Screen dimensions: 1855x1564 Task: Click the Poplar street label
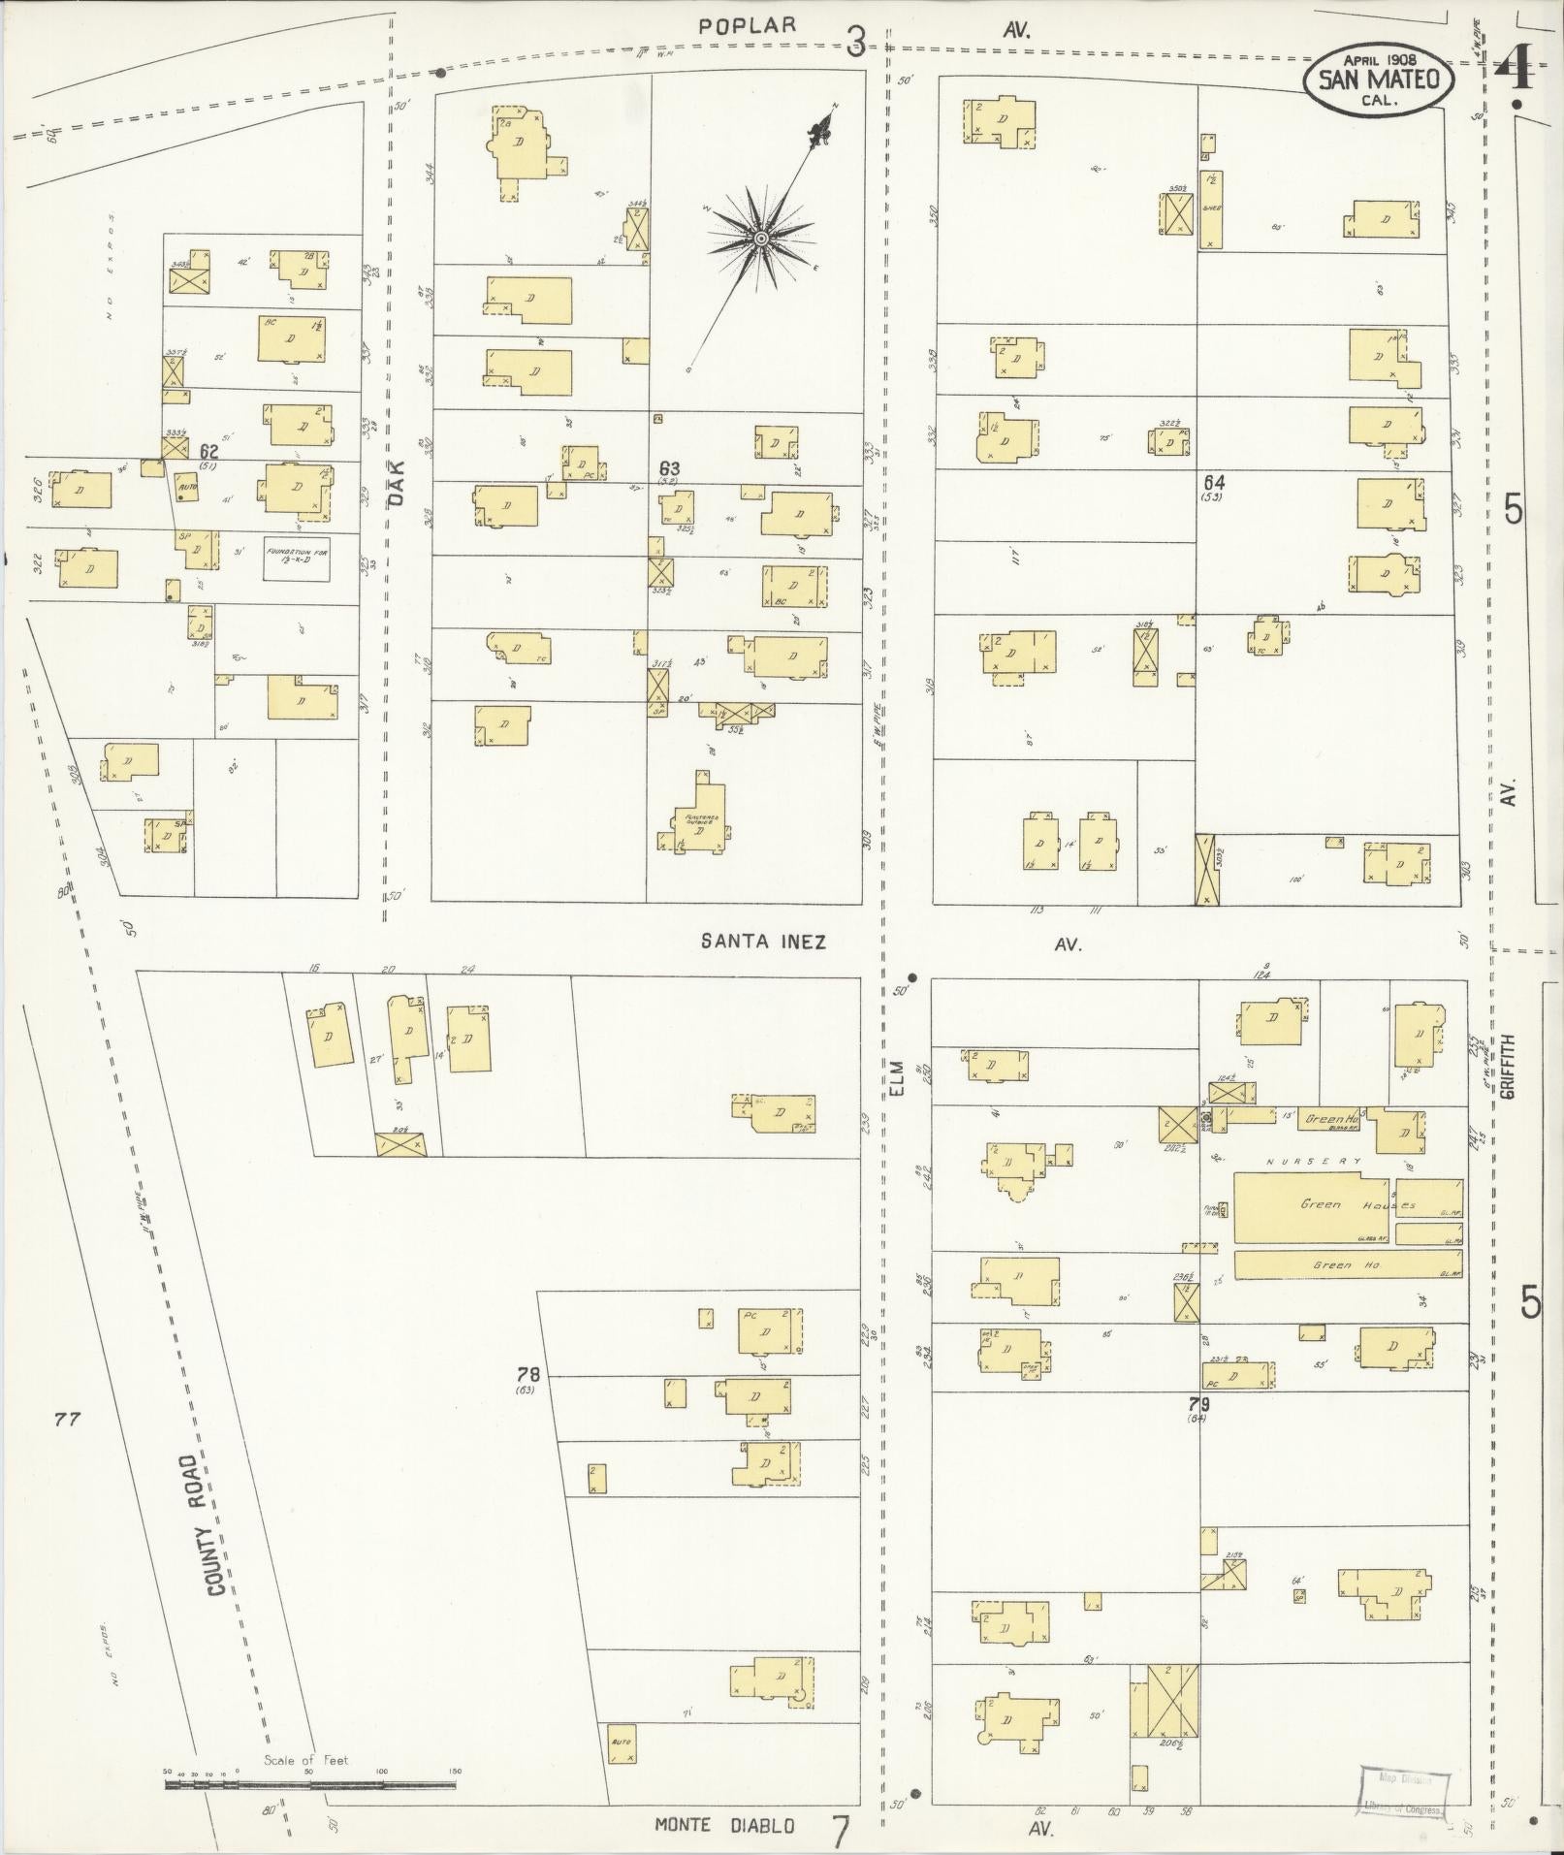coord(750,26)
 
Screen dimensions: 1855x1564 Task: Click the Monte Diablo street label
coord(724,1824)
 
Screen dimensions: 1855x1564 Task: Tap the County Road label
coord(214,1523)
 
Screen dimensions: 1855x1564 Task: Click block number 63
coord(668,468)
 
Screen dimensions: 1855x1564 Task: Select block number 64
coord(1213,482)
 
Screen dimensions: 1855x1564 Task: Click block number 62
coord(207,451)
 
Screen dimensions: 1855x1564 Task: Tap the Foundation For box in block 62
coord(297,560)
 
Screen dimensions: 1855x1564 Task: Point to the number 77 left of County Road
coord(67,1420)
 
